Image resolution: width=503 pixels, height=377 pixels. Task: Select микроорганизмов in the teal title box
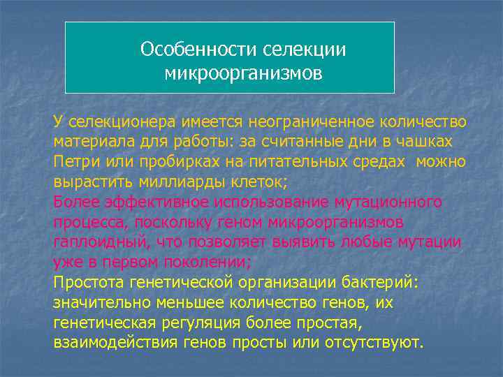[244, 73]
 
